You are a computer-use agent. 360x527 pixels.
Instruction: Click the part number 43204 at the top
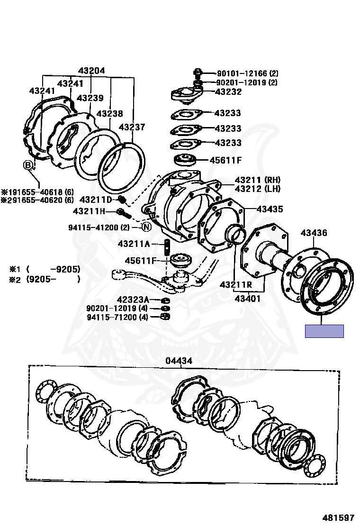91,71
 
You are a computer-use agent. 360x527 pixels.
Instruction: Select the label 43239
90,98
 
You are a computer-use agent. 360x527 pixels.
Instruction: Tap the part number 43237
132,127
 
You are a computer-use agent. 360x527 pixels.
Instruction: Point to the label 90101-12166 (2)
248,73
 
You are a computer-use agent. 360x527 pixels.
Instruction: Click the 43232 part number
228,92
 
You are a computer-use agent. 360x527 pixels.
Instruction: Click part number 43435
270,209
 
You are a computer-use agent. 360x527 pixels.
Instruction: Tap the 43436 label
314,233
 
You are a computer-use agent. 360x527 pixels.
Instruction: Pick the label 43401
247,299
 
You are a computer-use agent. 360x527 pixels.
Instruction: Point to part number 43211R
235,285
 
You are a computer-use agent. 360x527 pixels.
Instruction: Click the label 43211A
134,244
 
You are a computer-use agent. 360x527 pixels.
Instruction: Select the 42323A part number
133,300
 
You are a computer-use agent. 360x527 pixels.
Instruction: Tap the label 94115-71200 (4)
117,317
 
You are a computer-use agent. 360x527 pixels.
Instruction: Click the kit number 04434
179,361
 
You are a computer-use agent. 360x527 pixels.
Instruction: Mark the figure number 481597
339,518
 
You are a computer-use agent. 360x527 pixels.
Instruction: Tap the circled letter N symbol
146,227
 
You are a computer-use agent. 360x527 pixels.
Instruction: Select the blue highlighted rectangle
324,331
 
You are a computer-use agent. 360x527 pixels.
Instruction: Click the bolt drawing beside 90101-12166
198,73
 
